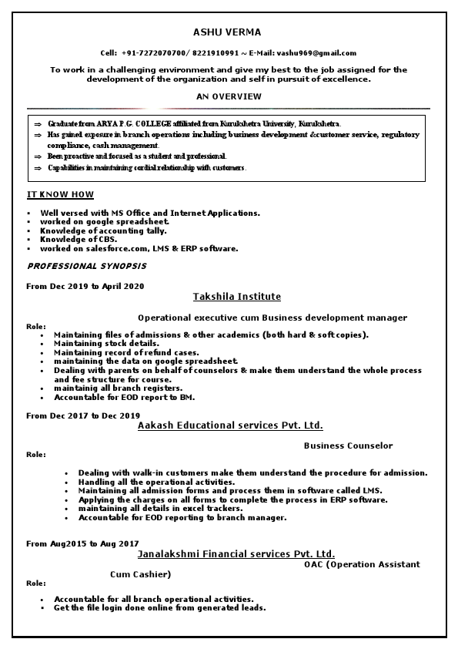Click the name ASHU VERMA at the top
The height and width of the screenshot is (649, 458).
point(228,32)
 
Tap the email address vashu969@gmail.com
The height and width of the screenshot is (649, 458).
point(316,52)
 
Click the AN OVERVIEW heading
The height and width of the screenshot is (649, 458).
point(229,96)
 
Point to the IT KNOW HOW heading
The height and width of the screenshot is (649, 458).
point(60,194)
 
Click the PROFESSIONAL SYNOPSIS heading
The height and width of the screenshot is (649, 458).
point(86,266)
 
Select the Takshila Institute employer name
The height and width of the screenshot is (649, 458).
point(236,297)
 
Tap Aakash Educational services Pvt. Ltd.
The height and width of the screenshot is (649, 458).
point(230,425)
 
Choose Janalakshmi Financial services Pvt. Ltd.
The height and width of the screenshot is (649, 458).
point(236,554)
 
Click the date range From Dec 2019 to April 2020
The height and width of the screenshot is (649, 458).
point(85,286)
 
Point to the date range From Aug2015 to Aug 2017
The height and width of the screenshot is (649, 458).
point(82,543)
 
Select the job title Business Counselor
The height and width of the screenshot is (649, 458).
point(348,446)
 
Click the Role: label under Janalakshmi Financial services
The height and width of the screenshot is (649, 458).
point(36,583)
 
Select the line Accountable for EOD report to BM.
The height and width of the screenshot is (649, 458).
point(124,398)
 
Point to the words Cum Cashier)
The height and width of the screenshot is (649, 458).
point(140,574)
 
